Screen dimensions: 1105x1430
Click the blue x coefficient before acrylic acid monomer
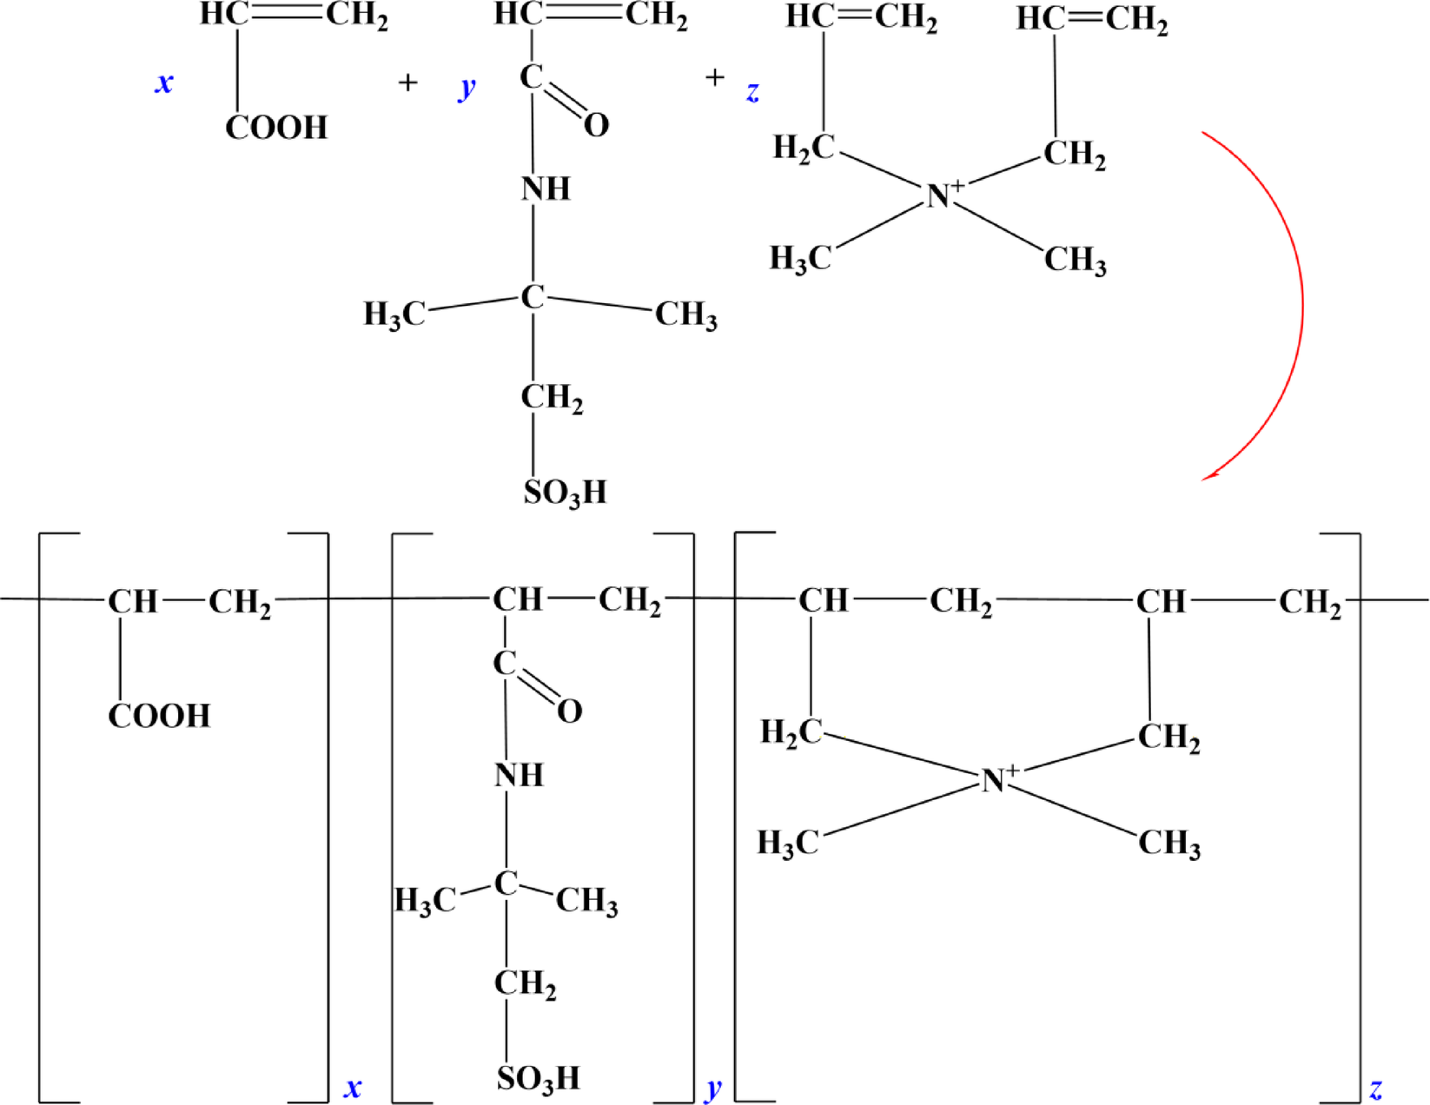pyautogui.click(x=163, y=83)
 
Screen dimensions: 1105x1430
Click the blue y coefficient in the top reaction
pyautogui.click(x=467, y=87)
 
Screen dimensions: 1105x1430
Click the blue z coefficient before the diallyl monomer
pyautogui.click(x=752, y=90)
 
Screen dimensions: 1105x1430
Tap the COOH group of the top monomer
pyautogui.click(x=276, y=128)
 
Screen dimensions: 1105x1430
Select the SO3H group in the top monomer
pyautogui.click(x=565, y=493)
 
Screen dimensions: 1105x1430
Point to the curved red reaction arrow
pyautogui.click(x=1301, y=304)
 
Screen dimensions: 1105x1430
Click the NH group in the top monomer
pyautogui.click(x=546, y=189)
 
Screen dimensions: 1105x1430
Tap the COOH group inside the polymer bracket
pyautogui.click(x=159, y=717)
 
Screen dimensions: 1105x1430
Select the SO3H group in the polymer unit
pyautogui.click(x=538, y=1079)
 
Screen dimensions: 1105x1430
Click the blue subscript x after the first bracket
pyautogui.click(x=353, y=1088)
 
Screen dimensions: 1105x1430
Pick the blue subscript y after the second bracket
pyautogui.click(x=714, y=1088)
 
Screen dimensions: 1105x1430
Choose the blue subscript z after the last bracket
pyautogui.click(x=1376, y=1088)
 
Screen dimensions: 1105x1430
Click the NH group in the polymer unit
pyautogui.click(x=520, y=775)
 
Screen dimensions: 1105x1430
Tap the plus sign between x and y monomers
pyautogui.click(x=407, y=83)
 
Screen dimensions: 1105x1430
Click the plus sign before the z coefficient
pyautogui.click(x=714, y=78)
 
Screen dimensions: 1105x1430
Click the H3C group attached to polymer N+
pyautogui.click(x=788, y=843)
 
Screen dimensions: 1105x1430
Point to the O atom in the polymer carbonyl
pyautogui.click(x=570, y=711)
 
